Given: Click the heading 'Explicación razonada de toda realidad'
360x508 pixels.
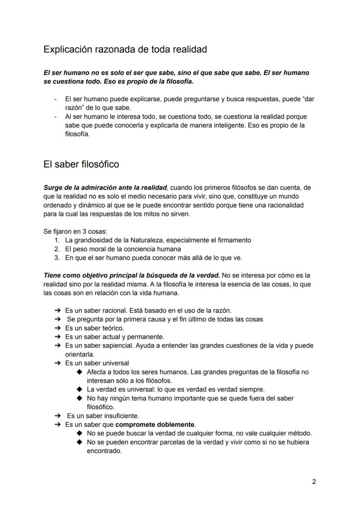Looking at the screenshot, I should point(125,50).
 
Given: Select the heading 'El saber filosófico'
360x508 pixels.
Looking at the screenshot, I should point(81,165).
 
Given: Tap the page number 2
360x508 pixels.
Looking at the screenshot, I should point(314,481).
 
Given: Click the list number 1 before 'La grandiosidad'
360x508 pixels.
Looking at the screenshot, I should point(57,240).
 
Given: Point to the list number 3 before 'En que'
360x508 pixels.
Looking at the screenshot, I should point(57,258).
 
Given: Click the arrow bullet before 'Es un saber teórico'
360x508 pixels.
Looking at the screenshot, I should point(57,328).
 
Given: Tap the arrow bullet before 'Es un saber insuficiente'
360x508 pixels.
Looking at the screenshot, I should point(57,416).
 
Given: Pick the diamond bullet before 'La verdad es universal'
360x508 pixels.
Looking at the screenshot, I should point(79,389).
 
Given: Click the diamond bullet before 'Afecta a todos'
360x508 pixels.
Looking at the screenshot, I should point(79,372).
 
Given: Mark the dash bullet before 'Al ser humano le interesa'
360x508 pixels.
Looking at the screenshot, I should point(56,117).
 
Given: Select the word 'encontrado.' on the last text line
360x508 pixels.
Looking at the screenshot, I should point(104,451).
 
